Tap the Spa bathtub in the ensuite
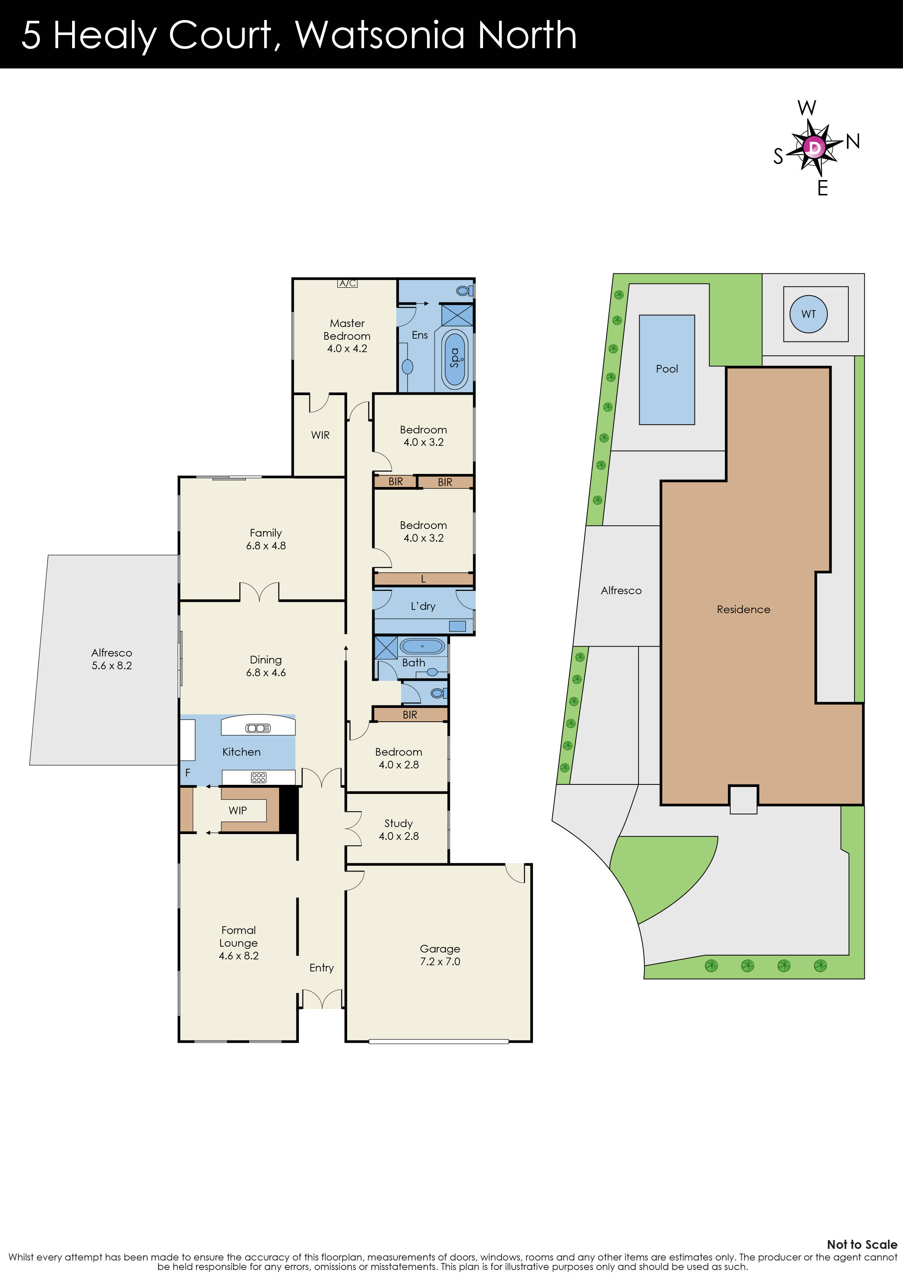(x=455, y=358)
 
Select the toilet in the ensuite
(x=463, y=290)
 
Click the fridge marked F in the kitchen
(x=188, y=772)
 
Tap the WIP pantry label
(x=237, y=810)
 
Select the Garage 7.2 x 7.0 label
(x=440, y=955)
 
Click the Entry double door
(x=322, y=999)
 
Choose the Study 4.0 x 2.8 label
(x=399, y=829)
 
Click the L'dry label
(x=423, y=606)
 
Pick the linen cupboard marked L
(x=423, y=579)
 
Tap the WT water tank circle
(x=808, y=314)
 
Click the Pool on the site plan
(x=667, y=369)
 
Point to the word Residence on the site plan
(x=743, y=609)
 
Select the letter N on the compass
(x=852, y=142)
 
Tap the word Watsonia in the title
(x=380, y=35)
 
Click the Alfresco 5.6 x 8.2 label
(x=112, y=659)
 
